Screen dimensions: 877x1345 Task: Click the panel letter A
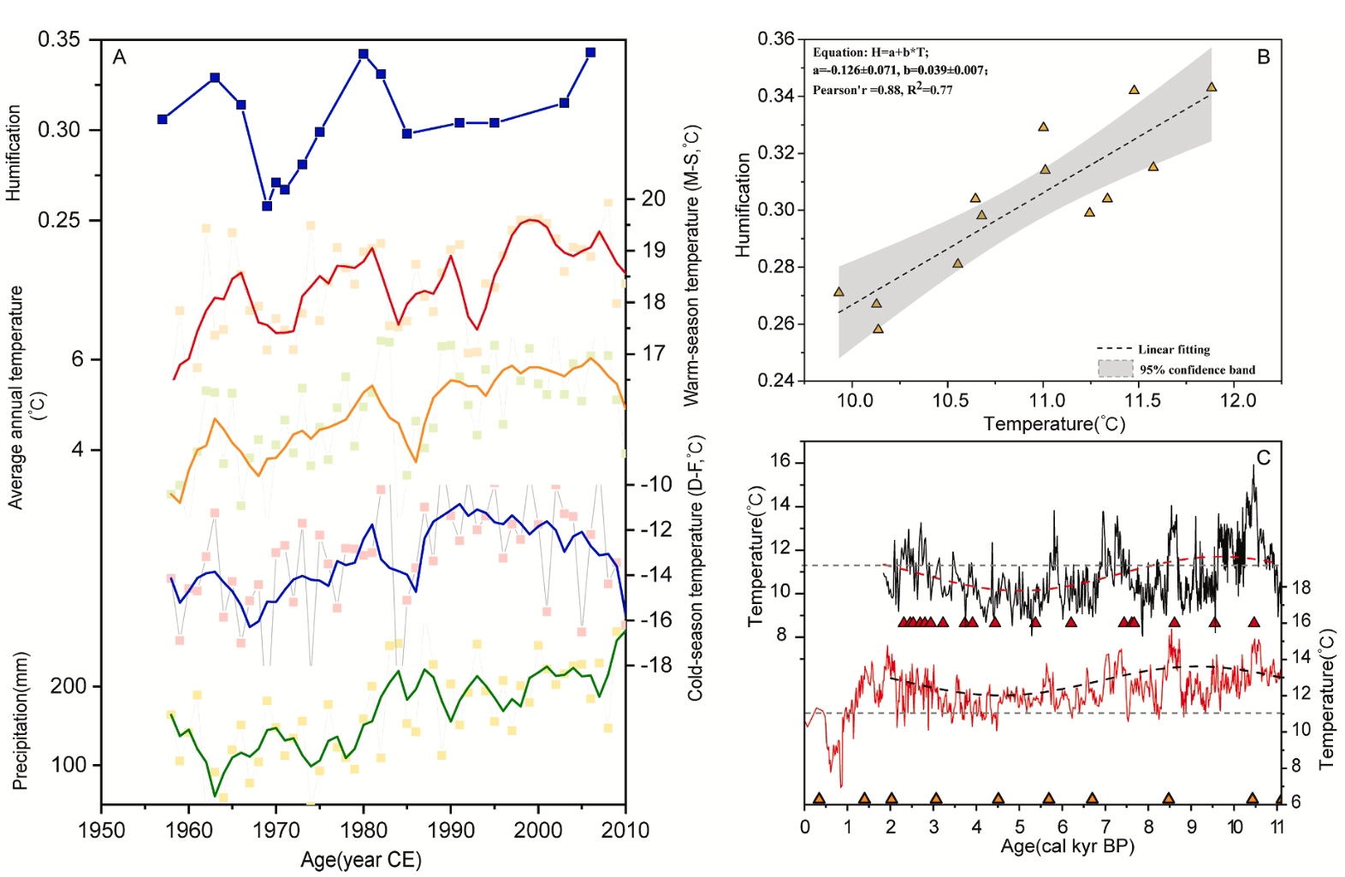coord(120,57)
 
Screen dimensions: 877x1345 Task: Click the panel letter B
coord(1263,57)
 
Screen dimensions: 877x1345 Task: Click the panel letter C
coord(1263,458)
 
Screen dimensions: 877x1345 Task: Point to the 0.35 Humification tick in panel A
coord(59,40)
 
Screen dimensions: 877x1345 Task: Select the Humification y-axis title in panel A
coord(14,153)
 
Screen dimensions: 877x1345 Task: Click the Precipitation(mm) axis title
coord(21,721)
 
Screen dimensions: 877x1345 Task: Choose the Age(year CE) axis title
coord(361,860)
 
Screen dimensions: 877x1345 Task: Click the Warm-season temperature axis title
coord(691,265)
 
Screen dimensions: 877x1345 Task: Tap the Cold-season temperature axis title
coord(695,567)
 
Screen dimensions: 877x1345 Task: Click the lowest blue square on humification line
coord(267,205)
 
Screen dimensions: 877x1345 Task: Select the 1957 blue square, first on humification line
coord(163,119)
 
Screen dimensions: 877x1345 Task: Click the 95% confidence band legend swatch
coord(1115,369)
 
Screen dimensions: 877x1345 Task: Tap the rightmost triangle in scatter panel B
coord(1212,86)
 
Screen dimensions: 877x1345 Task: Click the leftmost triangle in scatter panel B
coord(838,292)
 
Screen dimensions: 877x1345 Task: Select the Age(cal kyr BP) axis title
coord(1067,847)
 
